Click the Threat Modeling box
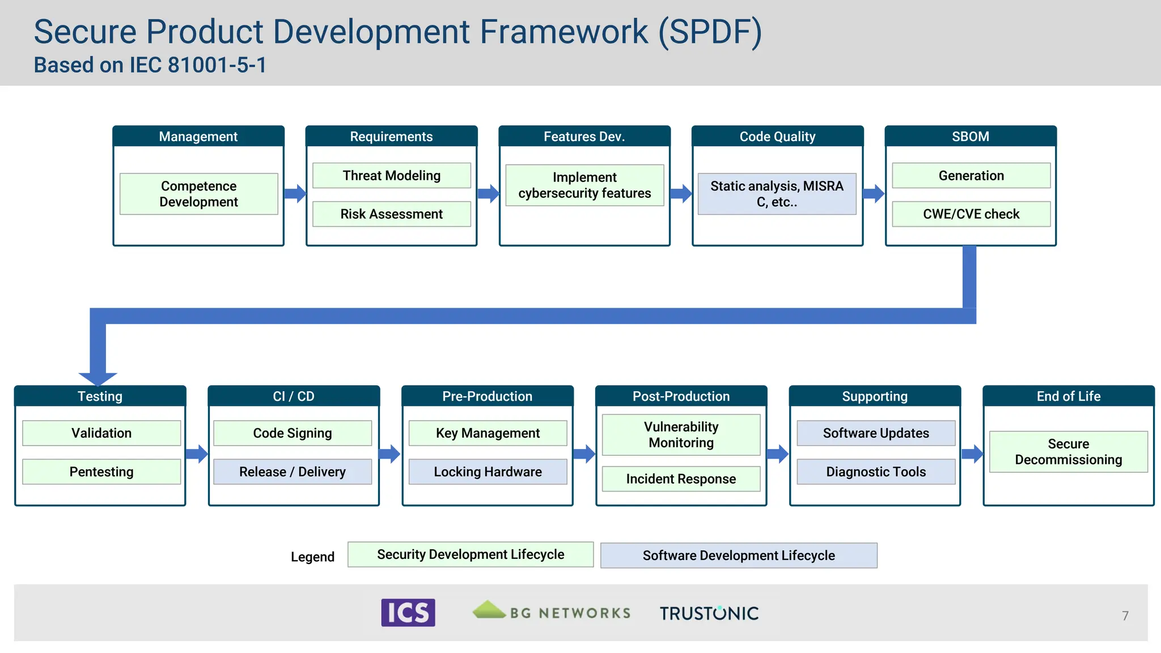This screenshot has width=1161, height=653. click(x=391, y=176)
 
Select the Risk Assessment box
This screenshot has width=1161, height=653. click(x=391, y=214)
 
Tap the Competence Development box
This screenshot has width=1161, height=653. click(x=198, y=194)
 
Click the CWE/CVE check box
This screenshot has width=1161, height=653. click(x=971, y=214)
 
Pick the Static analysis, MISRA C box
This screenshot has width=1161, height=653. click(x=777, y=194)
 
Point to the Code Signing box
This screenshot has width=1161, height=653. click(x=293, y=433)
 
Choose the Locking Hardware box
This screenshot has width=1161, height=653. click(x=488, y=472)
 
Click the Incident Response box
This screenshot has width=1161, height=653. click(x=681, y=479)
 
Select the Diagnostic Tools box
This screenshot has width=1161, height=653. click(x=876, y=472)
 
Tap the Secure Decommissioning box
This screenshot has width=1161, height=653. click(x=1068, y=452)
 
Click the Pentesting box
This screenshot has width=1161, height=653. click(x=101, y=472)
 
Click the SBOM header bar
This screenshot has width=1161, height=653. click(x=971, y=137)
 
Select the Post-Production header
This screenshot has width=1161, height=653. click(x=681, y=396)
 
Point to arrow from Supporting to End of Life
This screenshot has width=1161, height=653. click(x=972, y=453)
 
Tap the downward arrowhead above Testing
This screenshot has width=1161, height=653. click(x=98, y=378)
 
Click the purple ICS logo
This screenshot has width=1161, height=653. click(x=408, y=613)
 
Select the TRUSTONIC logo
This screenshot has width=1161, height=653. click(x=709, y=613)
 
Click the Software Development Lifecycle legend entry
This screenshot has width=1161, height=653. click(x=739, y=556)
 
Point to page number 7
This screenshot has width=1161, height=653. click(x=1125, y=616)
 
